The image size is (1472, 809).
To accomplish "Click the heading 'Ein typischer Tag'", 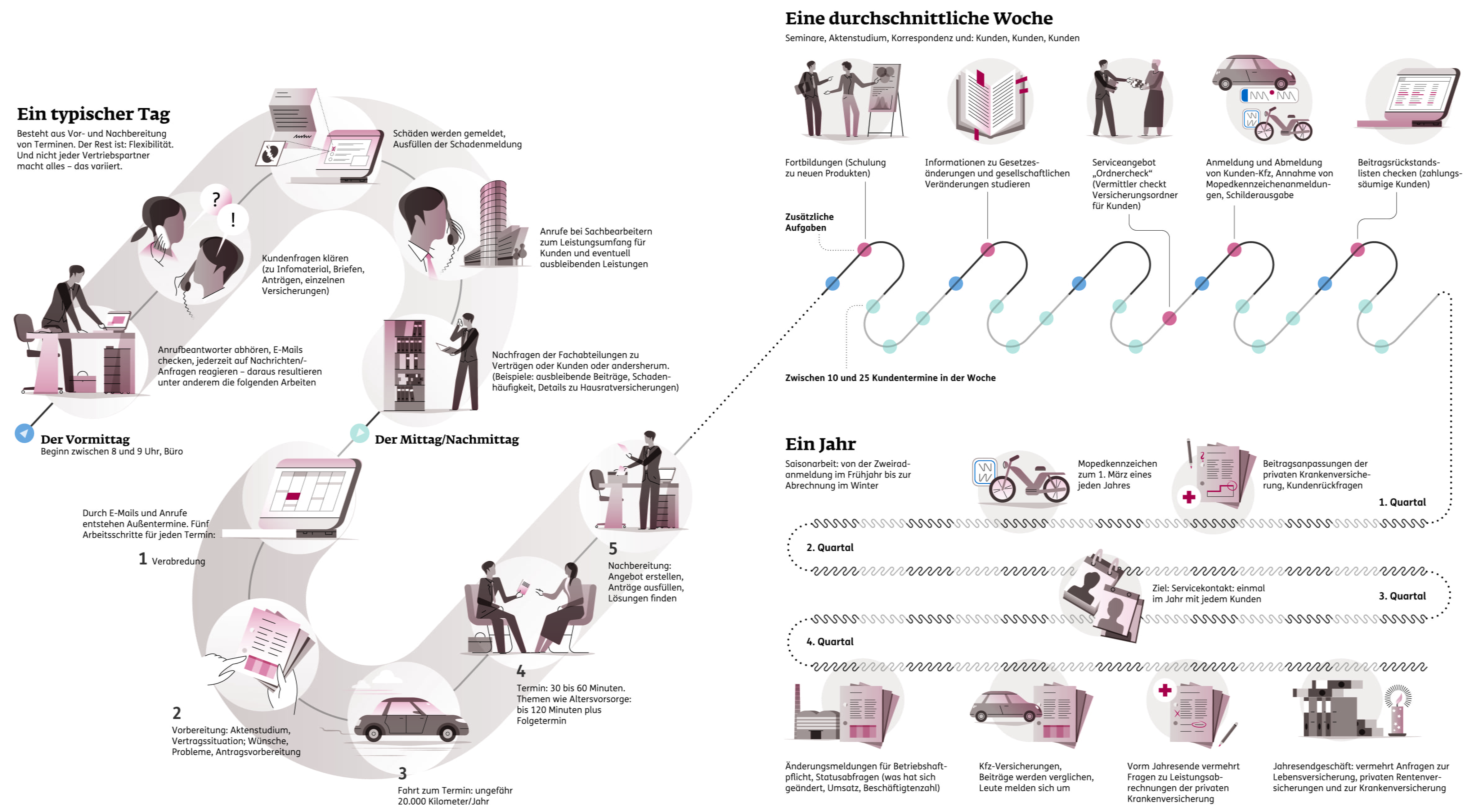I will pyautogui.click(x=93, y=114).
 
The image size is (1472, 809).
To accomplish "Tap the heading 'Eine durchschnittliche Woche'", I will pyautogui.click(x=918, y=18).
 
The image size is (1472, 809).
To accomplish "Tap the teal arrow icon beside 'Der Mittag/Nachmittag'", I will pyautogui.click(x=359, y=433).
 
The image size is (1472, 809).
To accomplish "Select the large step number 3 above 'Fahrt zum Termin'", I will pyautogui.click(x=402, y=773).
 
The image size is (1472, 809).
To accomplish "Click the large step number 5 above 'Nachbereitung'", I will pyautogui.click(x=613, y=548).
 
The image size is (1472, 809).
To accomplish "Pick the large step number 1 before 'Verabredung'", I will pyautogui.click(x=143, y=558).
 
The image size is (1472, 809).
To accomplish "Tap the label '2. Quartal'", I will pyautogui.click(x=830, y=547).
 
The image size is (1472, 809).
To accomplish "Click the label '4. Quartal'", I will pyautogui.click(x=830, y=641).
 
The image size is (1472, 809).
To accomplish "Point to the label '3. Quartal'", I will pyautogui.click(x=1402, y=596).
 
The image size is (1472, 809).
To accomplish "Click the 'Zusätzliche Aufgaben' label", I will pyautogui.click(x=809, y=222).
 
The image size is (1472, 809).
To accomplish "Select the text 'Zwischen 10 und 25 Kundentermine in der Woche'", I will pyautogui.click(x=890, y=378).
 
